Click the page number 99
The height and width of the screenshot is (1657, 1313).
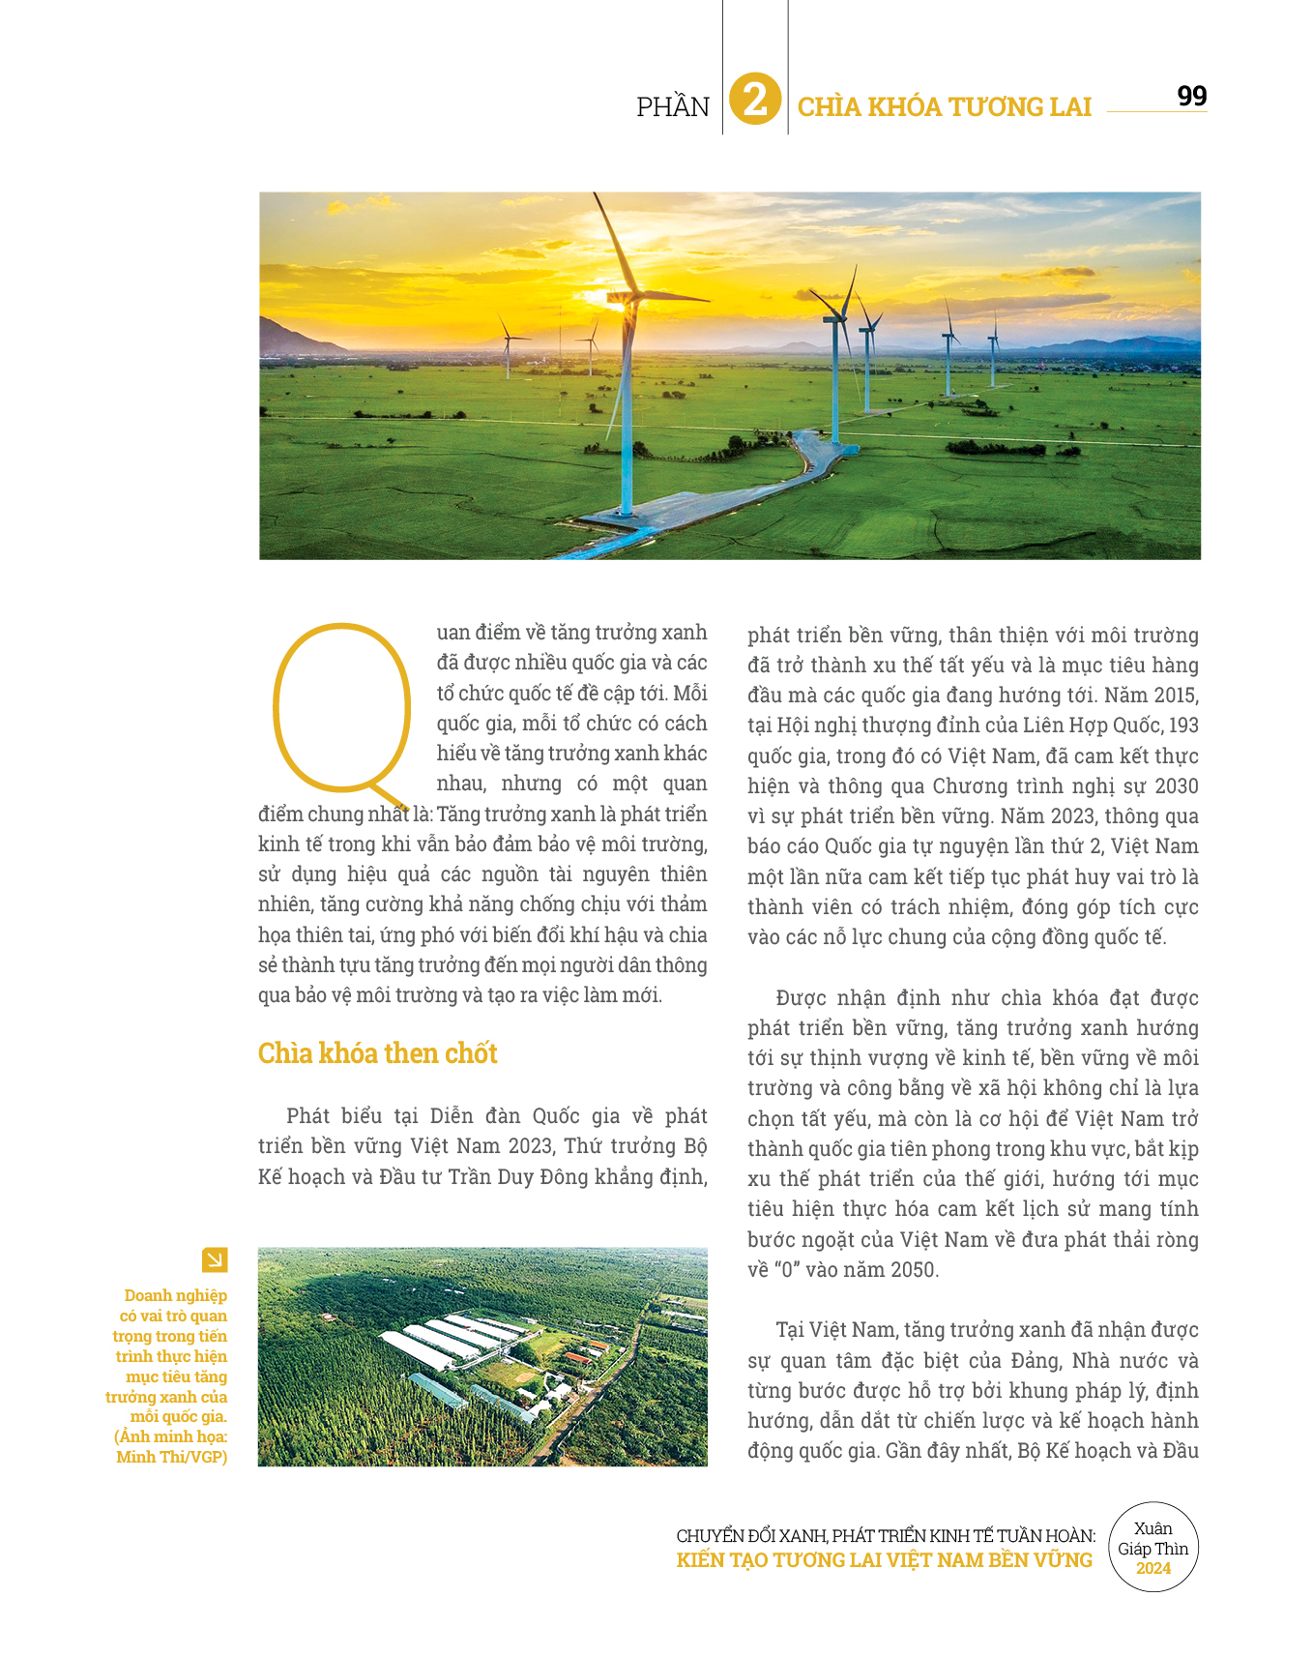(1191, 96)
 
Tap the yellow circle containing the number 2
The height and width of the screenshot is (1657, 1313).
(755, 100)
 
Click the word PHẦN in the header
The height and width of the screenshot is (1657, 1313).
(673, 106)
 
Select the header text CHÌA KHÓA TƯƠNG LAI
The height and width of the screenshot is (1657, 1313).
(944, 106)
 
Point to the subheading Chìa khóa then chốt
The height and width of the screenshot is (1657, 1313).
(377, 1053)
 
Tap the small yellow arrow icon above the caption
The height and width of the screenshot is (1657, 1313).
(215, 1259)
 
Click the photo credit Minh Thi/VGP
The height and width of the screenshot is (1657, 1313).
(172, 1457)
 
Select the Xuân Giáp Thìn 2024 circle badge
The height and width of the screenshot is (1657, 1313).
(1153, 1548)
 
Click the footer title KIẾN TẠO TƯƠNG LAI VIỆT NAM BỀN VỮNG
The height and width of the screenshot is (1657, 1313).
(884, 1560)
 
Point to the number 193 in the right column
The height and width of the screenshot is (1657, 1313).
(1183, 725)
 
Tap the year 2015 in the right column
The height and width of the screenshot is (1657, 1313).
(1176, 695)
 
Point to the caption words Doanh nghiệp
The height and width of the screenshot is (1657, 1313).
(176, 1295)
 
